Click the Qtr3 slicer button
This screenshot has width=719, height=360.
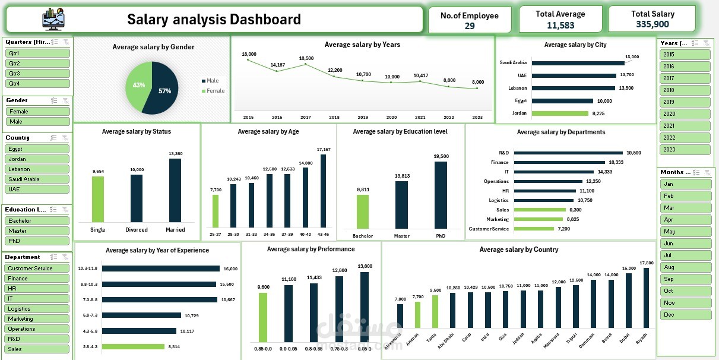tap(37, 73)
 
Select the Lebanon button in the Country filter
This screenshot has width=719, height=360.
tap(37, 169)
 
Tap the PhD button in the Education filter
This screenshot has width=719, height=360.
tap(37, 241)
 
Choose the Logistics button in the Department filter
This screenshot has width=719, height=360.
tap(37, 309)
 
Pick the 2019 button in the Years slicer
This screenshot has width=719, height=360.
tap(685, 102)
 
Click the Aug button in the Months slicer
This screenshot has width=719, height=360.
tap(685, 267)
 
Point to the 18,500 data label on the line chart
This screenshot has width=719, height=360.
tap(306, 58)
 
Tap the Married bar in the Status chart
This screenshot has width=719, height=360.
tap(175, 190)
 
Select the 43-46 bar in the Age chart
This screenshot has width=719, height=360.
tap(323, 190)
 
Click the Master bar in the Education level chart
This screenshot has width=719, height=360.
tap(401, 204)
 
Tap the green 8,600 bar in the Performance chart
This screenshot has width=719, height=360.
tap(262, 318)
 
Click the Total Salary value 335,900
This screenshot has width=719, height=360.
tap(653, 24)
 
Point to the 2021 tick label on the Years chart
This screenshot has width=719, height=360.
tap(420, 117)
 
